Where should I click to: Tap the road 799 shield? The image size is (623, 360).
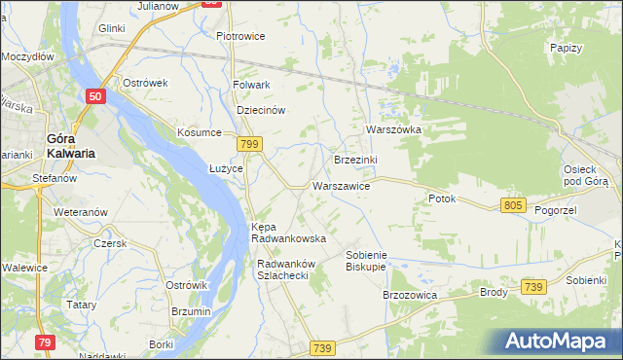(x=250, y=143)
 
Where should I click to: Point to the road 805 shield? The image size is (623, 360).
(x=515, y=205)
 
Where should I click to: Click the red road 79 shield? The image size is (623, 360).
(x=45, y=342)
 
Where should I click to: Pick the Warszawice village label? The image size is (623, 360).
(x=340, y=185)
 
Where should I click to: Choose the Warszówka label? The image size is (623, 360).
(x=392, y=128)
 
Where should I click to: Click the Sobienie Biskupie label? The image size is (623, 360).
(x=366, y=260)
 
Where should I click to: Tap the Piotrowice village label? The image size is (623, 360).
(x=240, y=36)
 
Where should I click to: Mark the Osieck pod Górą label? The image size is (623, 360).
(x=585, y=175)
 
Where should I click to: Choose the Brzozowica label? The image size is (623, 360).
(x=410, y=294)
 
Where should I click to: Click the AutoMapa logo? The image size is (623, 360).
(x=559, y=341)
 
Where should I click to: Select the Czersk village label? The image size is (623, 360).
(x=110, y=243)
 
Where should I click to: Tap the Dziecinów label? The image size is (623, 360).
(x=261, y=110)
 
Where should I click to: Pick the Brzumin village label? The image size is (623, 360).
(x=190, y=311)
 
